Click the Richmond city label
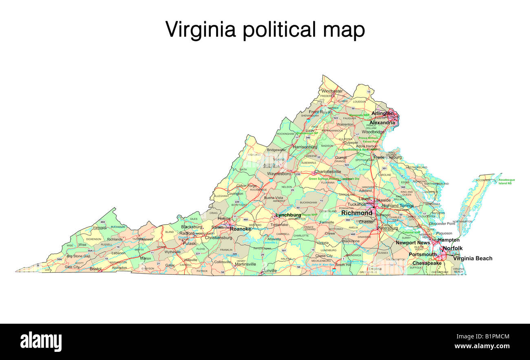(356, 213)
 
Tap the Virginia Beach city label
(473, 258)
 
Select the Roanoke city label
(240, 229)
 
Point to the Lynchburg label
(288, 215)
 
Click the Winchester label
(331, 91)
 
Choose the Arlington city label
(382, 113)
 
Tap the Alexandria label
(382, 122)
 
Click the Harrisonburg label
(305, 147)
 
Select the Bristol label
(95, 269)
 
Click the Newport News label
(413, 243)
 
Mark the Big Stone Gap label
(78, 256)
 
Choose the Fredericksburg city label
(387, 157)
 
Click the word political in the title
(278, 30)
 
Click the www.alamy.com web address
(482, 346)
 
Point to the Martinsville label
(245, 264)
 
